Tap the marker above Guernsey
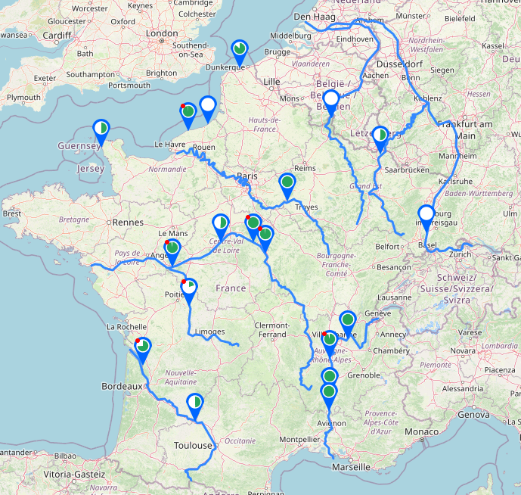click(101, 130)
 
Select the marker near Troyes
click(287, 183)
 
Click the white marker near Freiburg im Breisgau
click(426, 216)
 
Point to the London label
click(162, 33)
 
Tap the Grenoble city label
click(364, 375)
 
